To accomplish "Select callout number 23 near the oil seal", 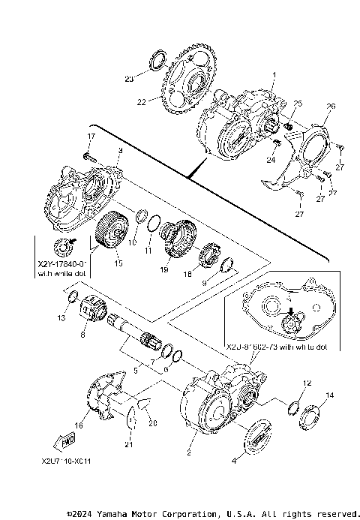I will pos(129,78).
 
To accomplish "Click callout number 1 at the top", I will pos(274,75).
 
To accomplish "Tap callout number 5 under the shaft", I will pos(135,370).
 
